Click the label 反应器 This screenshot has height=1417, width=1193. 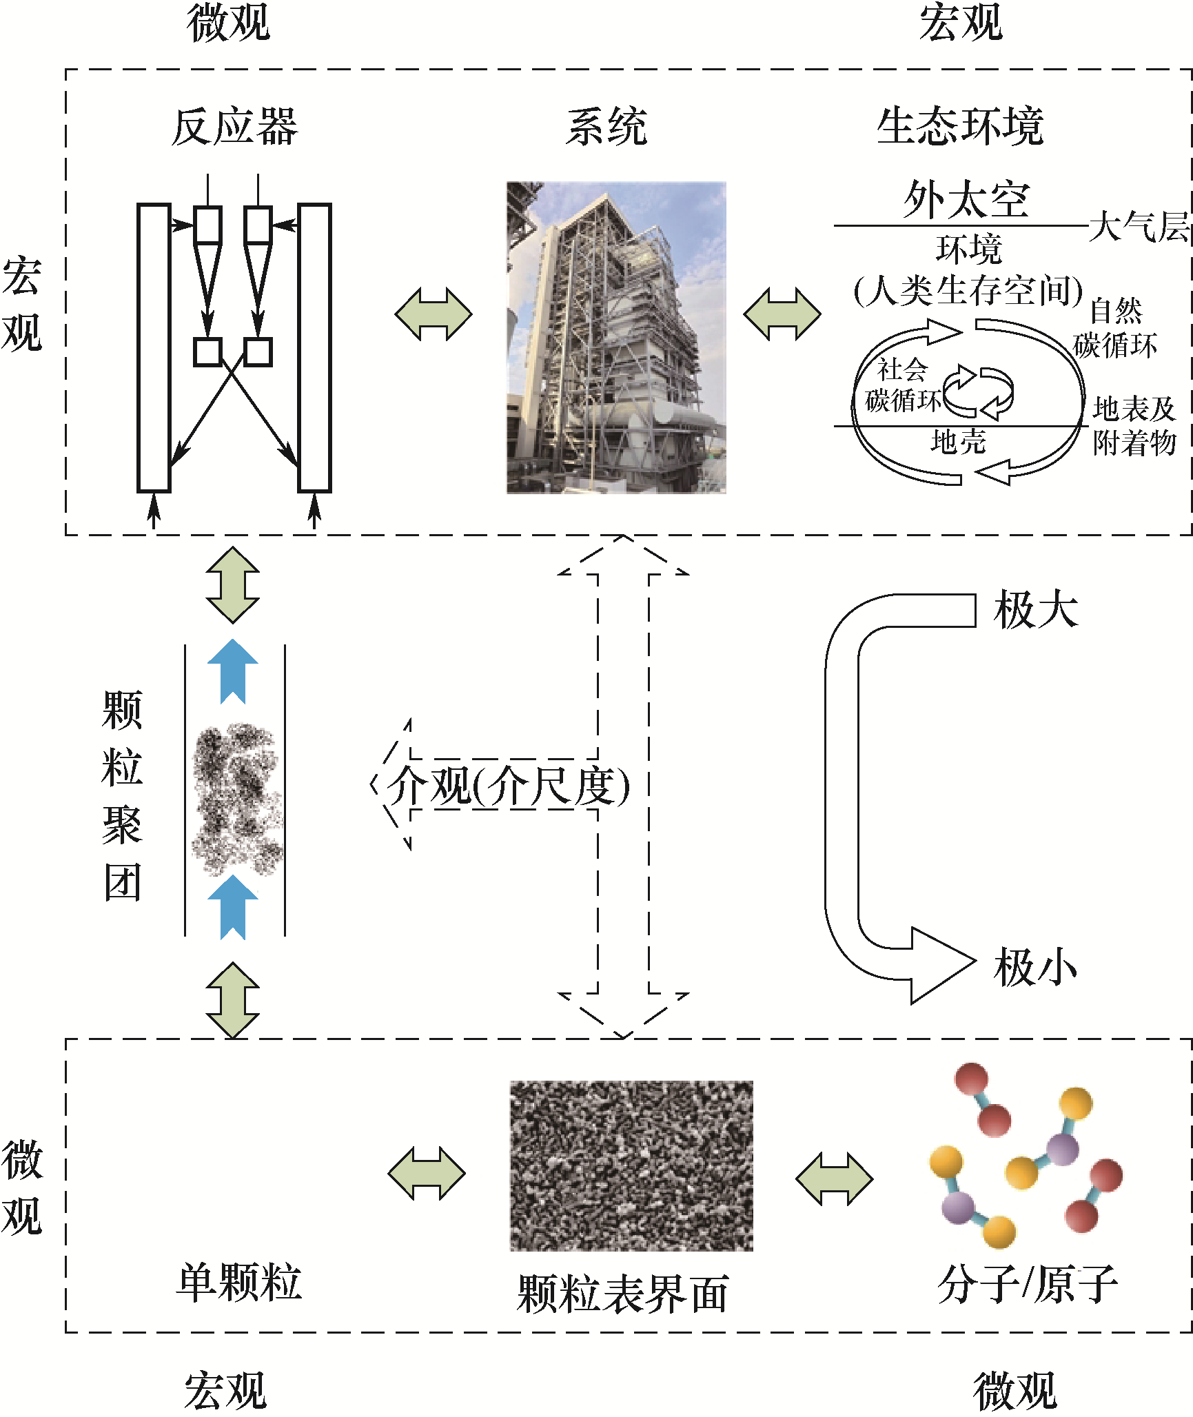click(234, 128)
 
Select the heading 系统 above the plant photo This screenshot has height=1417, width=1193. click(606, 128)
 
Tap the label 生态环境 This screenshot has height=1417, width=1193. click(960, 128)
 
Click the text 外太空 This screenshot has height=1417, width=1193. click(966, 200)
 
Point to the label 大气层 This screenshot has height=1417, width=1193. click(1139, 226)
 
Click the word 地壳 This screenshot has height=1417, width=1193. click(958, 442)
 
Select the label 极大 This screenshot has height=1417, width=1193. click(1035, 611)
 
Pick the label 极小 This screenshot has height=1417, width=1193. click(1035, 968)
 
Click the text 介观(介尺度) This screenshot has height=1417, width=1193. click(508, 785)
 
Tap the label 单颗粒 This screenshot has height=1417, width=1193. click(239, 1283)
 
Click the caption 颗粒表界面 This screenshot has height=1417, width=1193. click(623, 1294)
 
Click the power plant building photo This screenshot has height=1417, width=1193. click(616, 338)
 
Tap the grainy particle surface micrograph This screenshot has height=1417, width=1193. click(631, 1165)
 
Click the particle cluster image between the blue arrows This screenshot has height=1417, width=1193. click(236, 799)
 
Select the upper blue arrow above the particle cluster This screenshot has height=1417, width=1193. click(233, 671)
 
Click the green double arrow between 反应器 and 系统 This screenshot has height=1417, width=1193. click(434, 314)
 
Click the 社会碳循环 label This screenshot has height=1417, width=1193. click(902, 385)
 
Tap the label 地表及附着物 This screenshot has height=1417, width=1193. click(1134, 426)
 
